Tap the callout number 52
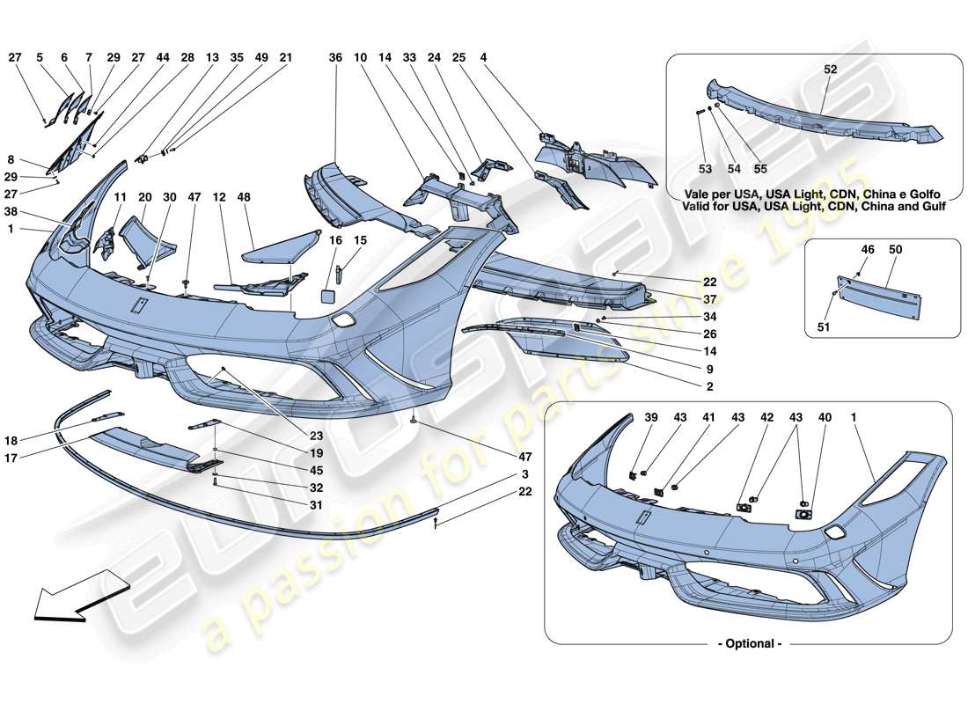831,69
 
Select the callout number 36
335,57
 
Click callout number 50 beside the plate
896,251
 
